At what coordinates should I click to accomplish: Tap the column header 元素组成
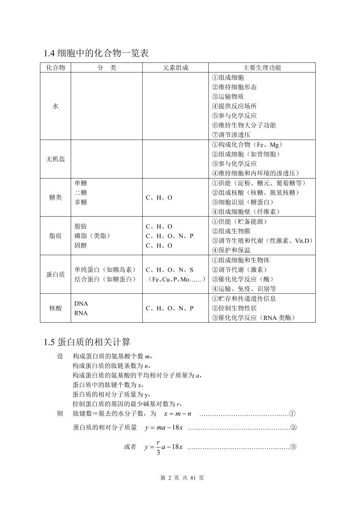pyautogui.click(x=175, y=67)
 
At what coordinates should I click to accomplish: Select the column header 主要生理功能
pyautogui.click(x=262, y=67)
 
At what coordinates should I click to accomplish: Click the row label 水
pyautogui.click(x=56, y=106)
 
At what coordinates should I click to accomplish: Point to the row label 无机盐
pyautogui.click(x=56, y=159)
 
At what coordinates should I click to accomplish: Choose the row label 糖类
pyautogui.click(x=56, y=197)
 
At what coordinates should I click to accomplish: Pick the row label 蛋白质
pyautogui.click(x=56, y=274)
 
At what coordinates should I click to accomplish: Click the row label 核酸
pyautogui.click(x=56, y=308)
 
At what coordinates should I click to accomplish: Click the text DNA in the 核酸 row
pyautogui.click(x=81, y=303)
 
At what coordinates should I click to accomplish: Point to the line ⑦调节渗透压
pyautogui.click(x=231, y=135)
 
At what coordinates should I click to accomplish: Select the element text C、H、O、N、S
pyautogui.click(x=169, y=270)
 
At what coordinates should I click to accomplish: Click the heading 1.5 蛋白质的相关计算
pyautogui.click(x=87, y=342)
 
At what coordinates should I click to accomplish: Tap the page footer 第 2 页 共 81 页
pyautogui.click(x=182, y=478)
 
